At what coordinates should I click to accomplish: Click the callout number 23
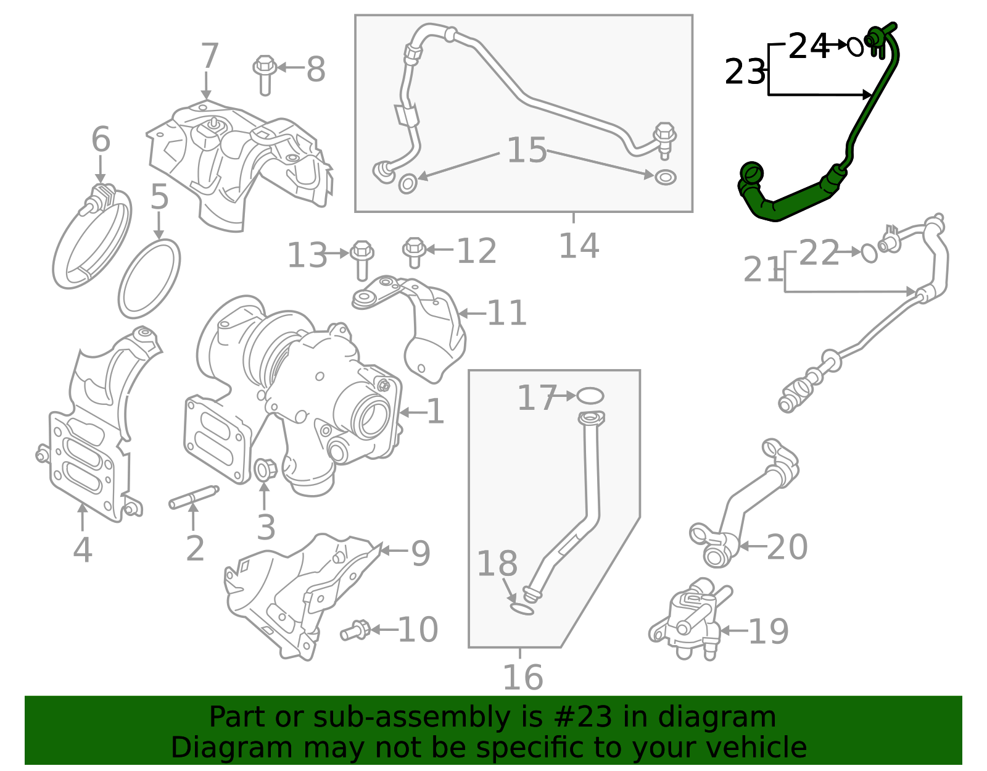(x=745, y=72)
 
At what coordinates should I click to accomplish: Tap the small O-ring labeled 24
(x=855, y=46)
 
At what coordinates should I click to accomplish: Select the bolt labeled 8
(x=265, y=75)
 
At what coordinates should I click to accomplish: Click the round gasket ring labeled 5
(x=149, y=278)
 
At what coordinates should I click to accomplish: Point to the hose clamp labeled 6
(x=92, y=238)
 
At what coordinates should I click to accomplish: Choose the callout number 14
(x=578, y=246)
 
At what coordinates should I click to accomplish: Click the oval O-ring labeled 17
(x=590, y=395)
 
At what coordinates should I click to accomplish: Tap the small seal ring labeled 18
(x=522, y=610)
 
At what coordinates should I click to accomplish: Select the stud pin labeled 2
(x=194, y=498)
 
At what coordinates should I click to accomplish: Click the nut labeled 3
(x=264, y=470)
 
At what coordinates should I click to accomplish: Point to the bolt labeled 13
(x=361, y=260)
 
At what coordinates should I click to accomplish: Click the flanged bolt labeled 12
(x=414, y=252)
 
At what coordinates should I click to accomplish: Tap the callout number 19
(x=768, y=631)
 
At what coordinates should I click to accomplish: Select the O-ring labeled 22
(x=869, y=252)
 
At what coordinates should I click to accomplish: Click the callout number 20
(x=787, y=547)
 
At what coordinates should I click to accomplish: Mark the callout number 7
(x=210, y=56)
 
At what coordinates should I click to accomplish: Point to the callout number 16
(x=522, y=677)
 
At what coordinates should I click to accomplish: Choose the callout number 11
(x=506, y=313)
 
